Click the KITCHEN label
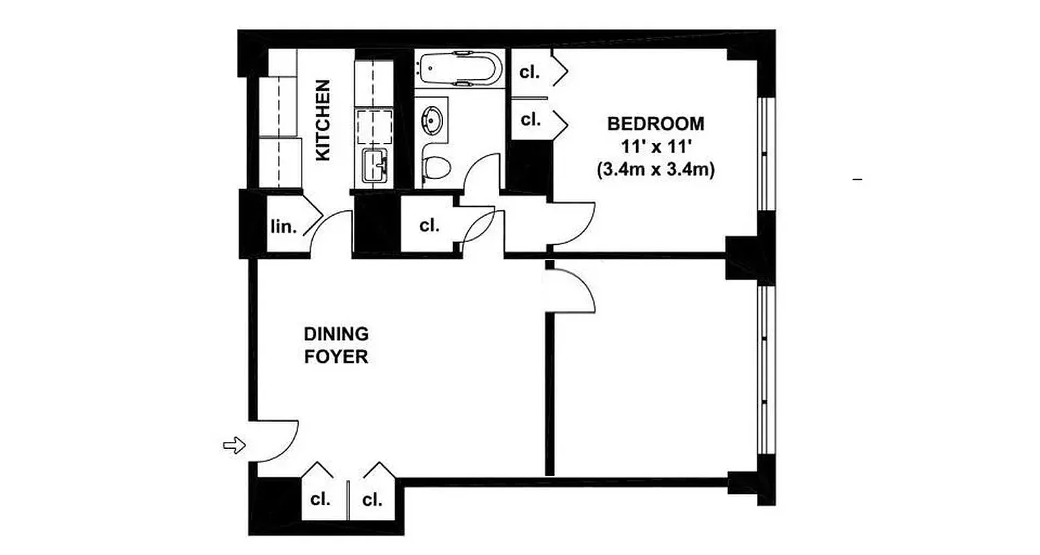323,121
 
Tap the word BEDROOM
655,124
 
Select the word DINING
336,334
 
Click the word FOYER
336,358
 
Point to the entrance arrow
234,445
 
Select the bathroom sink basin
433,119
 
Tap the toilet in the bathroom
436,166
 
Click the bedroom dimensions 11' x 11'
655,146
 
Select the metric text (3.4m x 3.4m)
655,169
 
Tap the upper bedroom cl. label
530,71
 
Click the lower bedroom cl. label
530,119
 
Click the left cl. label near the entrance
320,499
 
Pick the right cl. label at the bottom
372,499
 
